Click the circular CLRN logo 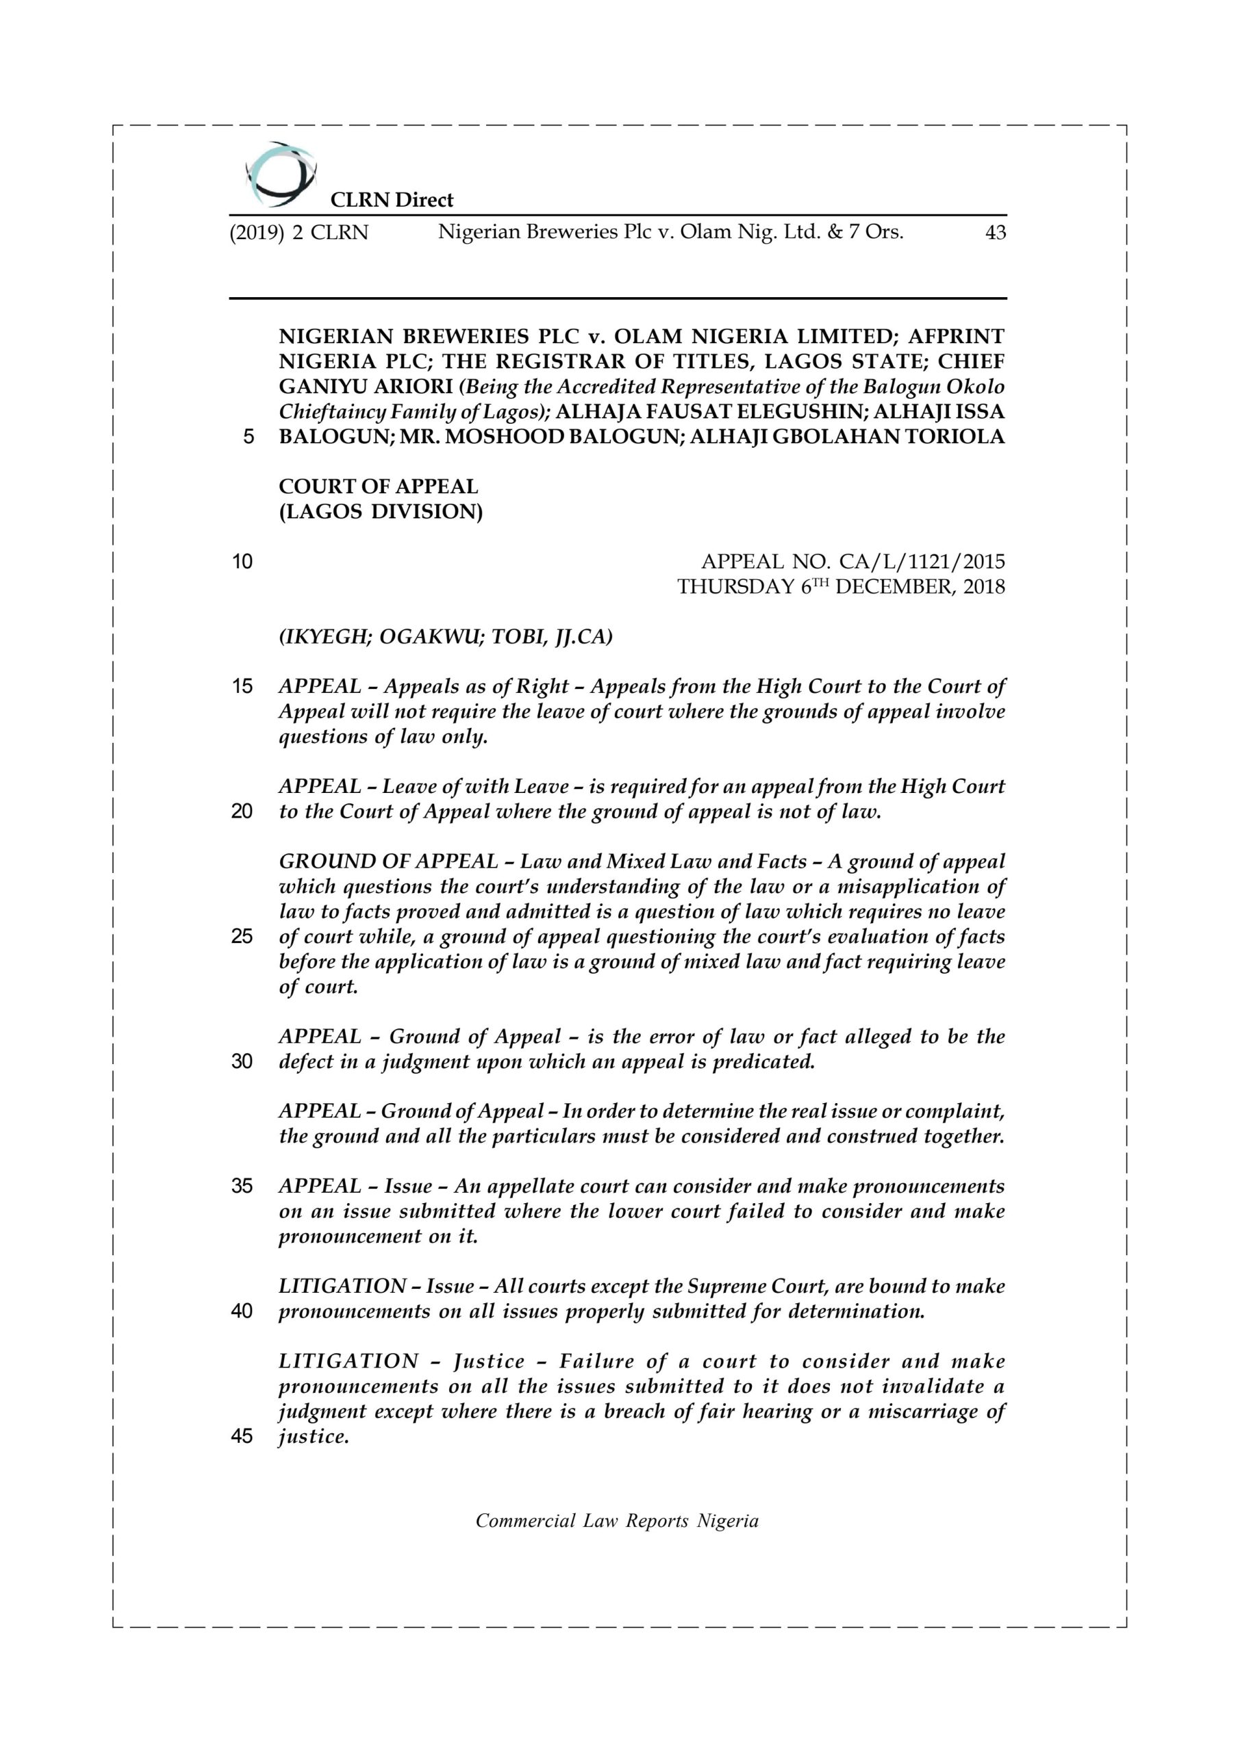coord(280,174)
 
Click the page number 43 coord(995,233)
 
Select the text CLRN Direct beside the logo coord(391,200)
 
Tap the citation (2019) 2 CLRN coord(299,233)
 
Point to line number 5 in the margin coord(247,437)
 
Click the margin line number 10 coord(242,562)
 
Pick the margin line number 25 coord(242,936)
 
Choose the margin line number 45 coord(242,1436)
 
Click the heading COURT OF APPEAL coord(378,486)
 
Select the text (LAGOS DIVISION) coord(380,512)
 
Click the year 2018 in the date coord(981,587)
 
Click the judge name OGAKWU coord(429,637)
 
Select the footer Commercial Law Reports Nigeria coord(617,1521)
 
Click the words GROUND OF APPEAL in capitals coord(388,861)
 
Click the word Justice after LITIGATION coord(489,1361)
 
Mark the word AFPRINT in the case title coord(956,336)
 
